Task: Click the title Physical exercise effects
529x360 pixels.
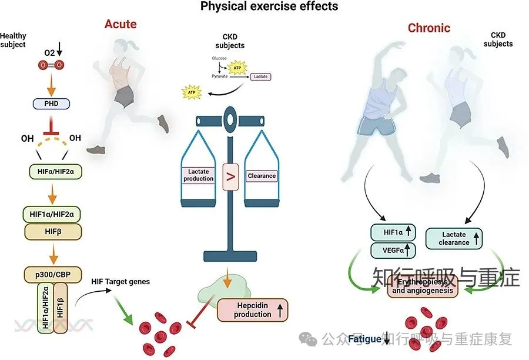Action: click(x=269, y=7)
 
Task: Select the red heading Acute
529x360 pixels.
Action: click(x=120, y=24)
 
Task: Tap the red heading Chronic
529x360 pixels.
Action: click(x=429, y=28)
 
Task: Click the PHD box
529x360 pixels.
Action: click(x=51, y=104)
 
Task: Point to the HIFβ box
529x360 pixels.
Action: click(x=51, y=231)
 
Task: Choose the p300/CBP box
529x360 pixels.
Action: click(x=51, y=274)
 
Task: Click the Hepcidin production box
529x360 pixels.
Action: click(x=253, y=310)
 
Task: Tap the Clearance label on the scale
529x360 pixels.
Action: click(x=262, y=175)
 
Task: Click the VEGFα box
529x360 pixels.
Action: click(x=393, y=251)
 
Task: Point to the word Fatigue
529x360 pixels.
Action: click(x=364, y=339)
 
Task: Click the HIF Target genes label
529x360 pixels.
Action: click(x=120, y=281)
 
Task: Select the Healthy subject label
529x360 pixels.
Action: click(x=13, y=40)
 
